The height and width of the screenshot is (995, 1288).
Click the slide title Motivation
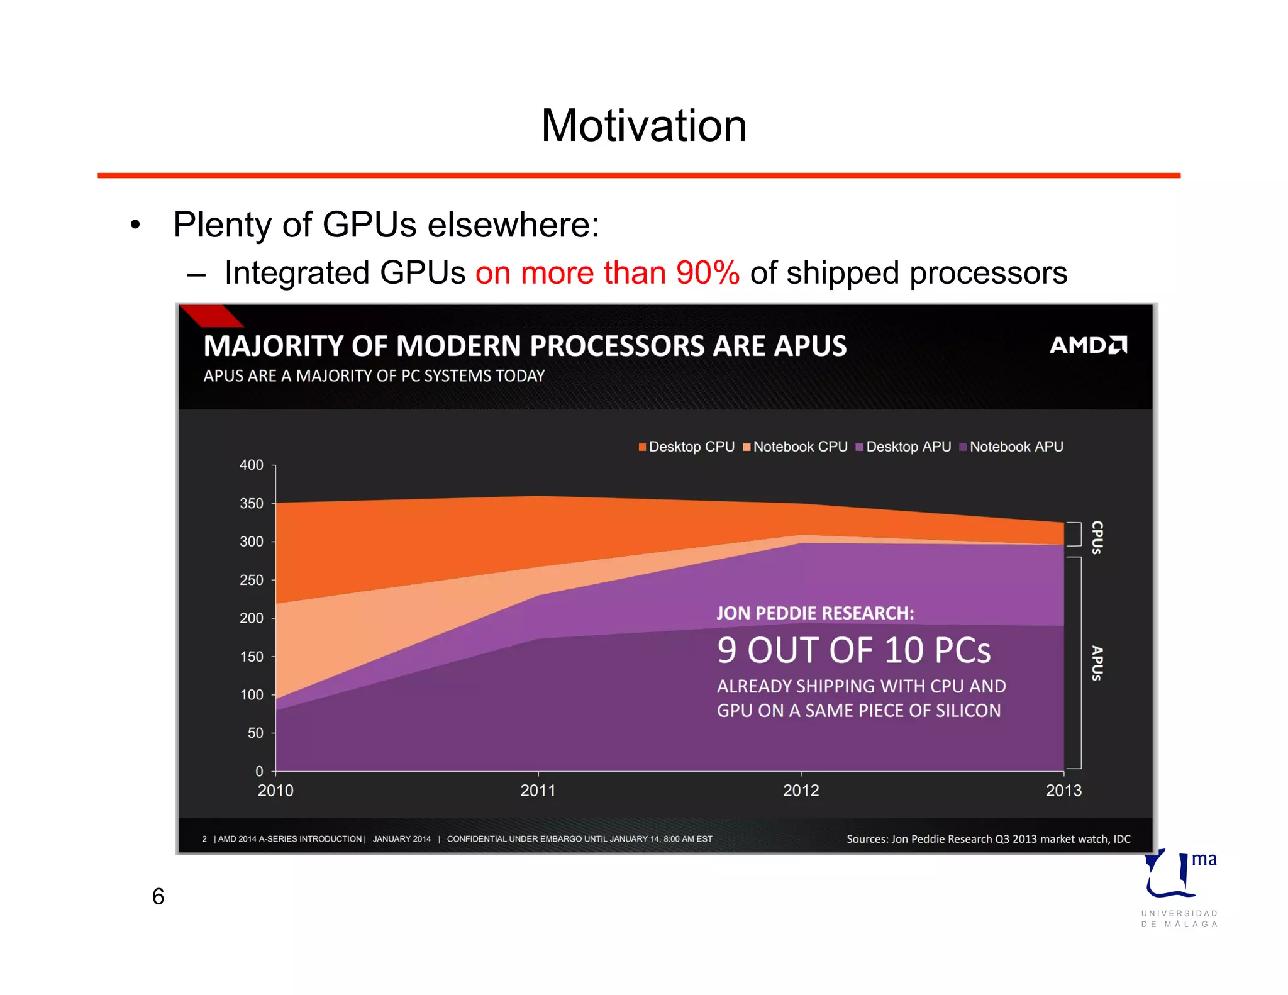coord(643,126)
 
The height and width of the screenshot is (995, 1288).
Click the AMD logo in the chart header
coord(1088,345)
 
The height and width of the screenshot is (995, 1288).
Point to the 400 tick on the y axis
coord(252,465)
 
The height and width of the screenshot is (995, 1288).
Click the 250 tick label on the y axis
coord(252,580)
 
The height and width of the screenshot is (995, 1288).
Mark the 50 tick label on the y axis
coord(255,733)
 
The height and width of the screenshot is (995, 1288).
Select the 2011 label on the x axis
coord(538,791)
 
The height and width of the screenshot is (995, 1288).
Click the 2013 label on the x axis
coord(1063,791)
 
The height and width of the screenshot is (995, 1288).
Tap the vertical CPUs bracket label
coord(1097,537)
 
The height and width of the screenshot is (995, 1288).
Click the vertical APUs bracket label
coord(1097,663)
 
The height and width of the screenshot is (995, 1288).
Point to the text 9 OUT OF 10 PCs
coord(853,650)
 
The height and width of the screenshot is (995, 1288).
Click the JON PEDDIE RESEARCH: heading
coord(815,613)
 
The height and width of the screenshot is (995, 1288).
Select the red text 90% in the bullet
coord(708,273)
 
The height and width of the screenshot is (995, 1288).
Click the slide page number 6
coord(158,896)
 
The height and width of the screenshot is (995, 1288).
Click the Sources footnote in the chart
coord(988,839)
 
